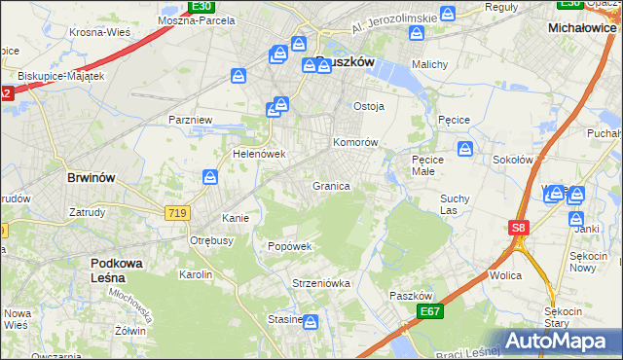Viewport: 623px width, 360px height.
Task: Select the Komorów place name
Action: point(355,142)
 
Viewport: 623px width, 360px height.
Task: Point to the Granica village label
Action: point(331,185)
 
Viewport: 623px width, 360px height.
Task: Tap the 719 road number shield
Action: point(177,211)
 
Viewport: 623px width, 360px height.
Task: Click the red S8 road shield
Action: point(519,228)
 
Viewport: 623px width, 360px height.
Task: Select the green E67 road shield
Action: point(429,311)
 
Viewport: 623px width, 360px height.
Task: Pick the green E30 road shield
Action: point(202,6)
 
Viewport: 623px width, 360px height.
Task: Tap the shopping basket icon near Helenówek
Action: point(210,177)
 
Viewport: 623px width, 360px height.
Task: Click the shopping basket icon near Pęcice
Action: point(465,150)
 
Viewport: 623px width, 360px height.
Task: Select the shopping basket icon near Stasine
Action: point(311,321)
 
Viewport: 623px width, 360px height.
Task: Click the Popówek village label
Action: point(290,246)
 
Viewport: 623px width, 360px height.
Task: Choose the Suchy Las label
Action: point(455,203)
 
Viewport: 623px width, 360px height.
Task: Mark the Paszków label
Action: point(409,295)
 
